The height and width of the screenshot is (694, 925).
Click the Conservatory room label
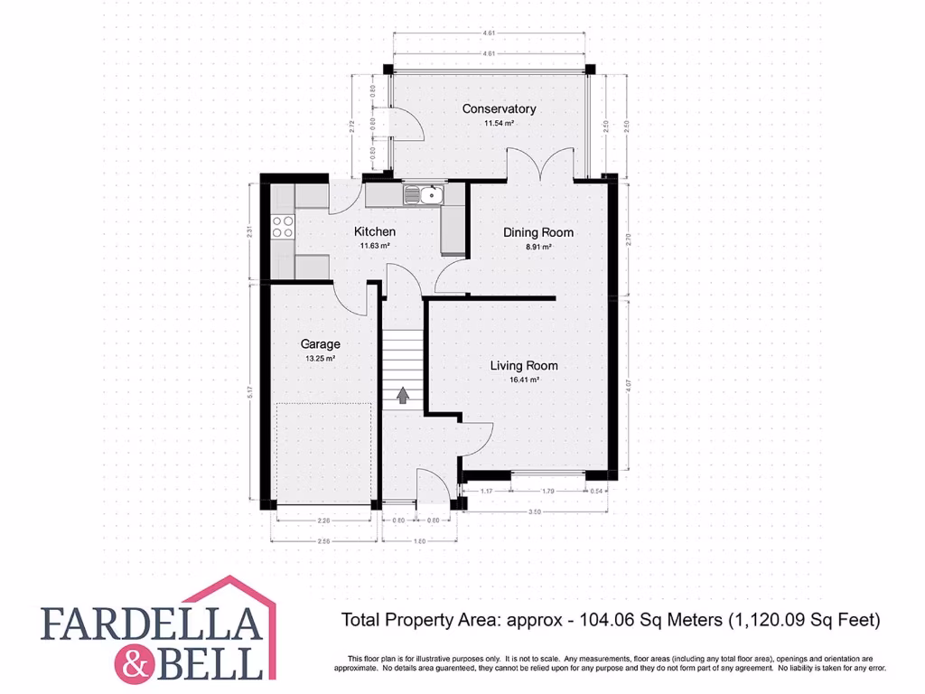click(x=499, y=109)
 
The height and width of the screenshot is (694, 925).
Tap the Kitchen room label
click(x=374, y=232)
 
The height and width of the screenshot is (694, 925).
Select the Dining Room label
click(x=538, y=232)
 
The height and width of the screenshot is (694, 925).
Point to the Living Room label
click(x=524, y=366)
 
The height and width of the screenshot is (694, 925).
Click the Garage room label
click(x=320, y=344)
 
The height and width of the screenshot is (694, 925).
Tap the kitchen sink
click(x=422, y=193)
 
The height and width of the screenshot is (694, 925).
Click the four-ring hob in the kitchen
click(x=283, y=226)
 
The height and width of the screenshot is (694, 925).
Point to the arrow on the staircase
click(x=402, y=394)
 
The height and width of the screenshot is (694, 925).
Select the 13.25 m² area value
click(x=320, y=359)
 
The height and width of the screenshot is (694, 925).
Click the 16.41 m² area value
click(x=524, y=380)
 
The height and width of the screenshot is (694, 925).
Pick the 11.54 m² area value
click(x=499, y=124)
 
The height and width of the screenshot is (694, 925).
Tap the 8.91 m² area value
click(x=538, y=246)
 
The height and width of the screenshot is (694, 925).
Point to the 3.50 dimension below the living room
click(x=535, y=512)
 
